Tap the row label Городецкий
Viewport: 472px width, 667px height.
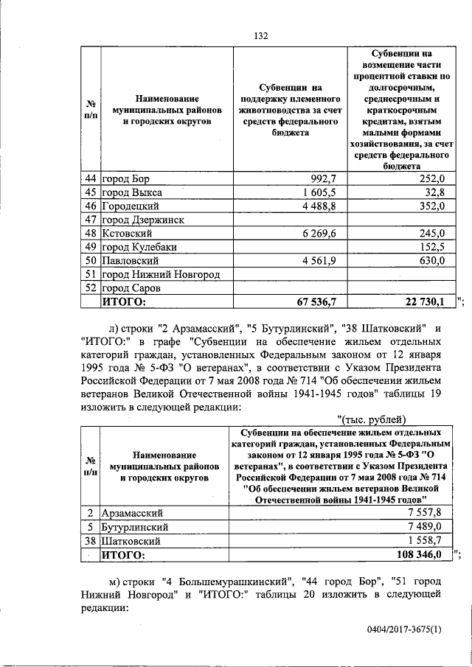pyautogui.click(x=131, y=206)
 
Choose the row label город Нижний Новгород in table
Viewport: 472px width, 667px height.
pyautogui.click(x=161, y=274)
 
